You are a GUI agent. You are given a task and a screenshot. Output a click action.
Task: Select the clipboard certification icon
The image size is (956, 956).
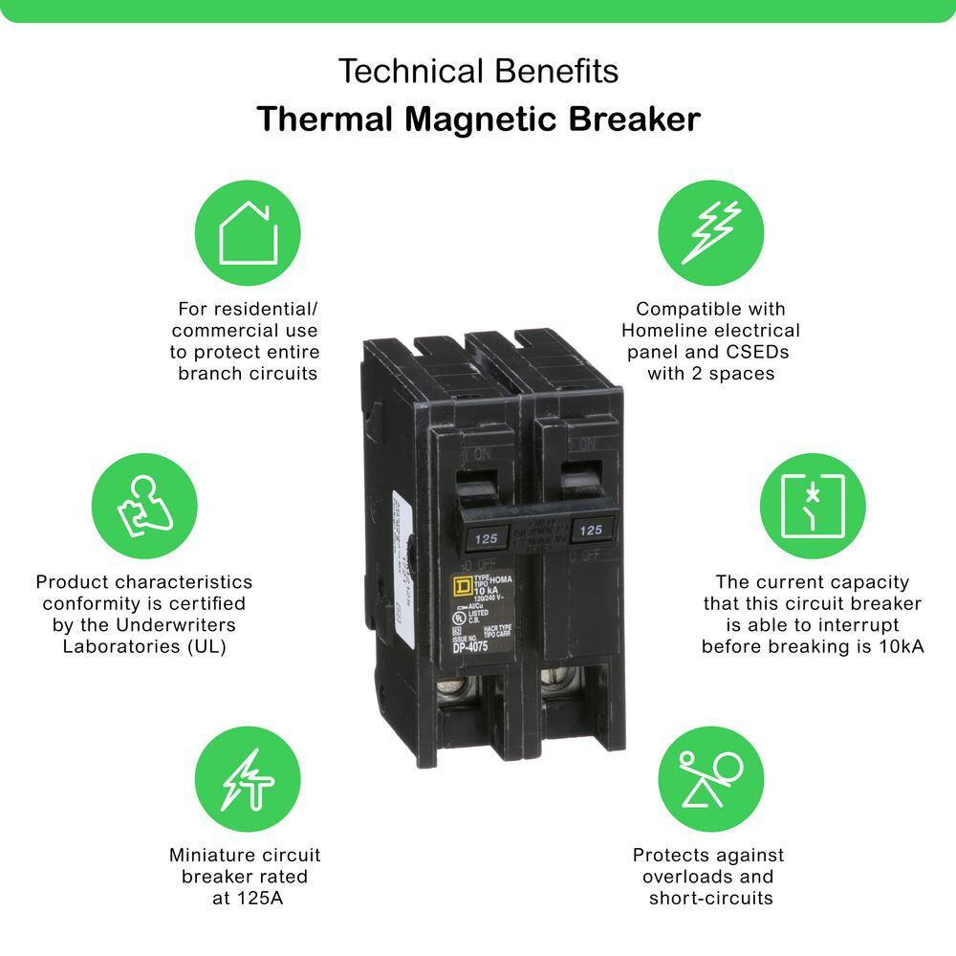pyautogui.click(x=144, y=506)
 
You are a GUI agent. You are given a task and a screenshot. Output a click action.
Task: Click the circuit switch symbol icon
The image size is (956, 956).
pyautogui.click(x=813, y=506)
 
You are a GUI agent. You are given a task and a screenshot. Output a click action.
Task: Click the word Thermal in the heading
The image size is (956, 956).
pyautogui.click(x=310, y=119)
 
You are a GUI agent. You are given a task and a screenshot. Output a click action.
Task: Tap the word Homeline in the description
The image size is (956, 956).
pyautogui.click(x=669, y=330)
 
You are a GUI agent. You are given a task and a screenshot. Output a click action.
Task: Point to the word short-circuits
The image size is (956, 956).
pyautogui.click(x=711, y=898)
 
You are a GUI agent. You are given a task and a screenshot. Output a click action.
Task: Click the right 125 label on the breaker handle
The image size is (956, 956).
pyautogui.click(x=591, y=529)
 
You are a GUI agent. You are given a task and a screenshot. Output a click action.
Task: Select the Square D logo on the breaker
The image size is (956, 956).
pyautogui.click(x=460, y=585)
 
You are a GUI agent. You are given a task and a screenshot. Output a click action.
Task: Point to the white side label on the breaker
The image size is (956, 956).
pyautogui.click(x=400, y=535)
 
